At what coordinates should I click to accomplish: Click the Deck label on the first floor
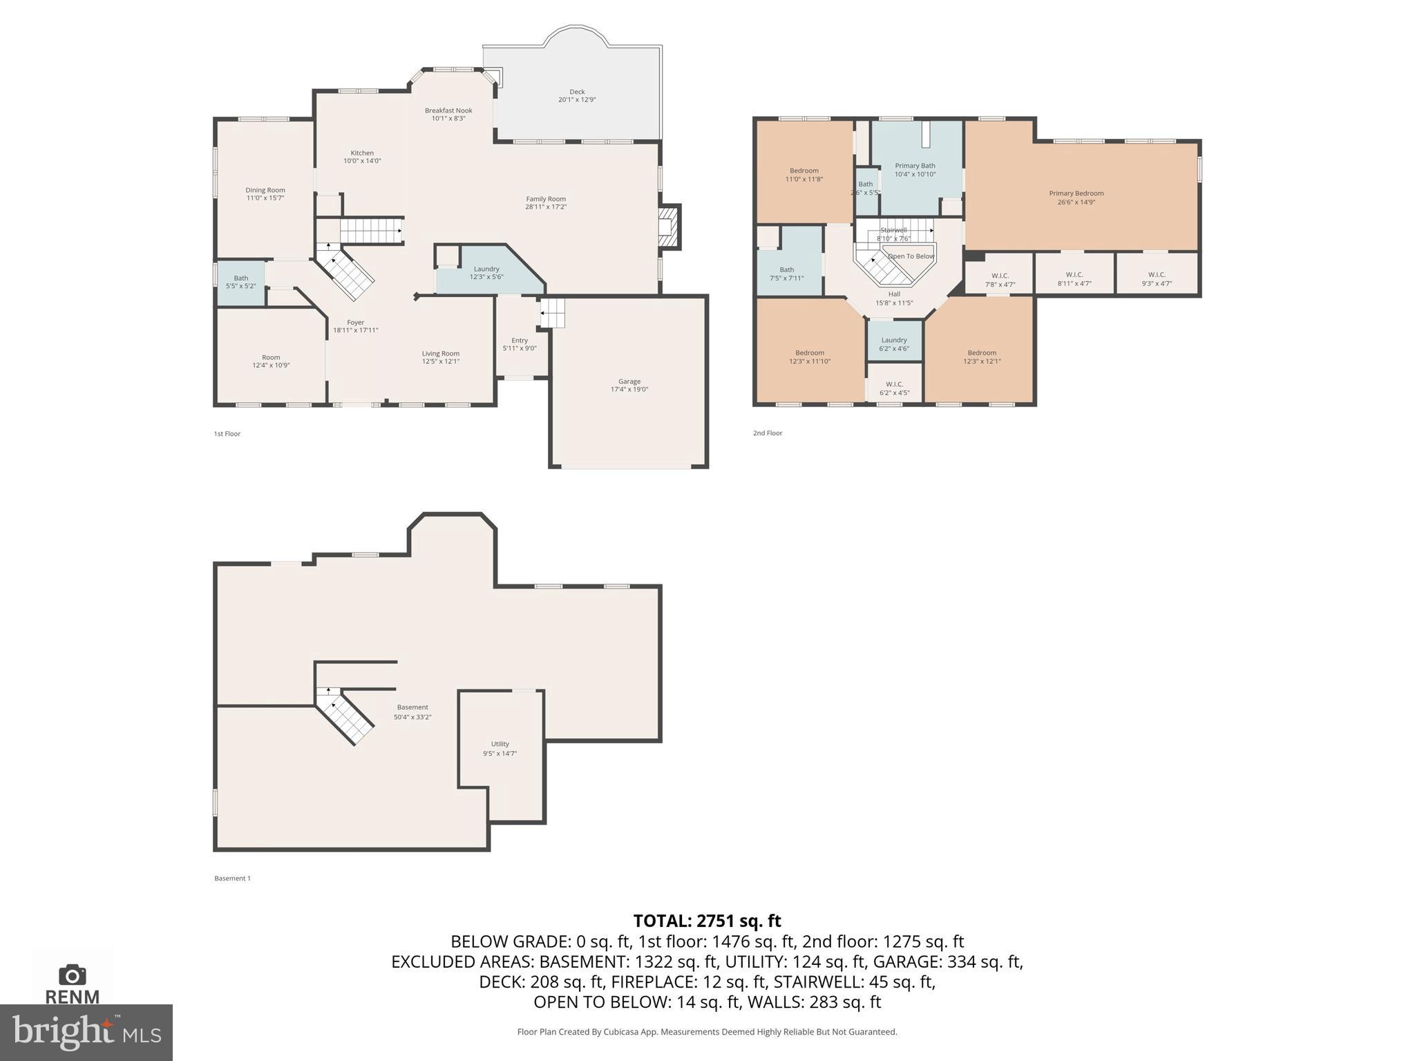pos(577,92)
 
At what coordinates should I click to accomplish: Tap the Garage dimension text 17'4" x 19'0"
pos(629,390)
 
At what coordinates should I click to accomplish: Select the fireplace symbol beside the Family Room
pos(667,227)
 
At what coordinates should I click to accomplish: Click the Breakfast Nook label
pos(448,111)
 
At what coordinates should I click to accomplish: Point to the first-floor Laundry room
pos(486,273)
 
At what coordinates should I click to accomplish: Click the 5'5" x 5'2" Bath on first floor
pos(240,282)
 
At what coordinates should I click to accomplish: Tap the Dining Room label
pos(265,190)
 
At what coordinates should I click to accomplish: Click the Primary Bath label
pos(915,166)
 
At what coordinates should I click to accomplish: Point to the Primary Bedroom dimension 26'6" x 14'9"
pos(1076,202)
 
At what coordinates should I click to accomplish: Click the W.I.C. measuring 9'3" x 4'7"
pos(1157,278)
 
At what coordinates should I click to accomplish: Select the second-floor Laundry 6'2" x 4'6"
pos(894,344)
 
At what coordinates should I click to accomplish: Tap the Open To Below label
pos(911,256)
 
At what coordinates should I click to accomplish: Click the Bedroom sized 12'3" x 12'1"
pos(981,356)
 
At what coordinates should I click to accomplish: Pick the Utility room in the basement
pos(500,748)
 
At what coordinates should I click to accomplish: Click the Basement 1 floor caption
pos(232,879)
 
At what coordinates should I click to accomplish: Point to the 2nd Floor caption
pos(768,433)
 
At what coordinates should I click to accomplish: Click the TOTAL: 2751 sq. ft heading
pos(707,921)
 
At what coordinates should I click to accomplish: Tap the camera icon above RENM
pos(73,975)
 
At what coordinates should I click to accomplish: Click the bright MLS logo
pos(86,1033)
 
